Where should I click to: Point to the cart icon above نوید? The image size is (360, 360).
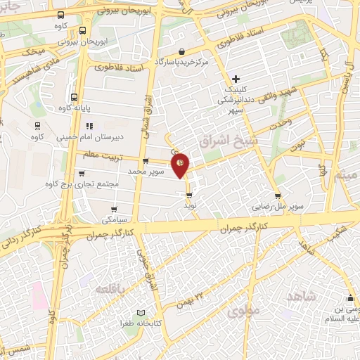pos(189,194)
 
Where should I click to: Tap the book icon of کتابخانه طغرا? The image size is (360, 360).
pos(141,313)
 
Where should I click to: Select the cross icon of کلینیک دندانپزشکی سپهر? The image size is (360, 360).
pos(236,78)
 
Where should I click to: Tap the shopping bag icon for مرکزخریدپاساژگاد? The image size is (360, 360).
pos(182,51)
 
